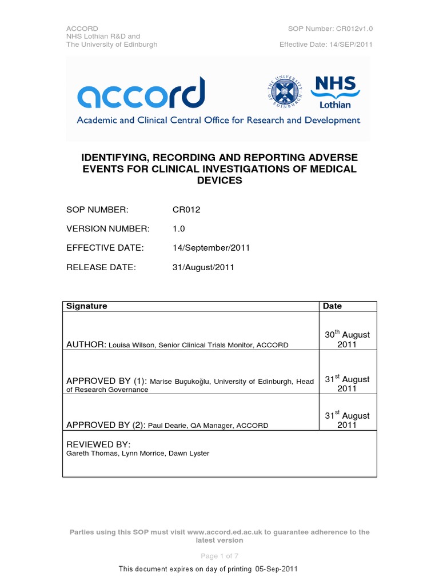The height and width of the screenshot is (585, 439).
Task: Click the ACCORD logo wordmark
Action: point(141,94)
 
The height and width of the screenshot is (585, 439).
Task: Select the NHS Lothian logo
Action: point(336,92)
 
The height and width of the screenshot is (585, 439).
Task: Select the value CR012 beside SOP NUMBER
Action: point(186,210)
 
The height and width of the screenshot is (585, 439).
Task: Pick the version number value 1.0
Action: point(178,229)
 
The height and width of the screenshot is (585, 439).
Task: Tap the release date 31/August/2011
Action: point(203,267)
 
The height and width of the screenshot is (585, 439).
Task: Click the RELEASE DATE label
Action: point(101,267)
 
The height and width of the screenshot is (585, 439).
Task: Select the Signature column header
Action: point(87,306)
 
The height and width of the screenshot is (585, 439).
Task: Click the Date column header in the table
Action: point(332,306)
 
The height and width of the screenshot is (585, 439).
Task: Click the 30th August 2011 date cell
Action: point(347,339)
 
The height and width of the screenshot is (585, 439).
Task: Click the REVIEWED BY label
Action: point(99,444)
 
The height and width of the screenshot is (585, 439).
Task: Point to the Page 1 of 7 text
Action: point(219,556)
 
